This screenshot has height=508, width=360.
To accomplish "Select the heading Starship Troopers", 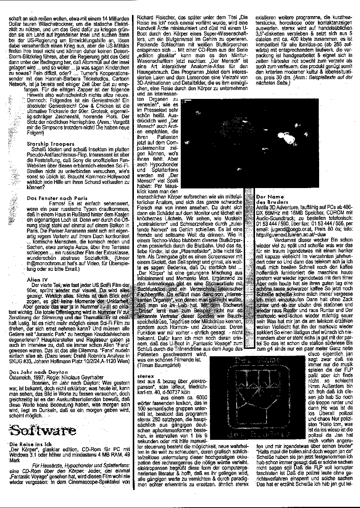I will click(51, 143).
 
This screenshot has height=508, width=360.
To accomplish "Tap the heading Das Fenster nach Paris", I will click(57, 198).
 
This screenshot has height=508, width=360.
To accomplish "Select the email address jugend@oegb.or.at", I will click(289, 229).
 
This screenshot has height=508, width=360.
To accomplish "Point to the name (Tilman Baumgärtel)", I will click(160, 365).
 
